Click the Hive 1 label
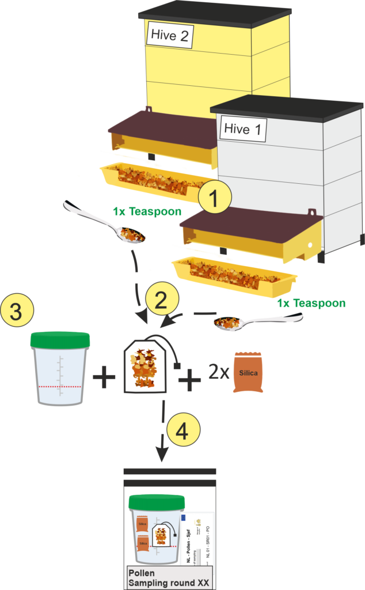click(x=242, y=128)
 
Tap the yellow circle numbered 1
click(x=214, y=199)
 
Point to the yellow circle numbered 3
click(x=17, y=313)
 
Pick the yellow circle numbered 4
click(x=183, y=430)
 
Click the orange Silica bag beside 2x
click(x=248, y=373)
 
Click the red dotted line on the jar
click(x=60, y=385)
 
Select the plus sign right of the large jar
click(x=104, y=379)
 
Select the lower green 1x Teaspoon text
click(x=311, y=304)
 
